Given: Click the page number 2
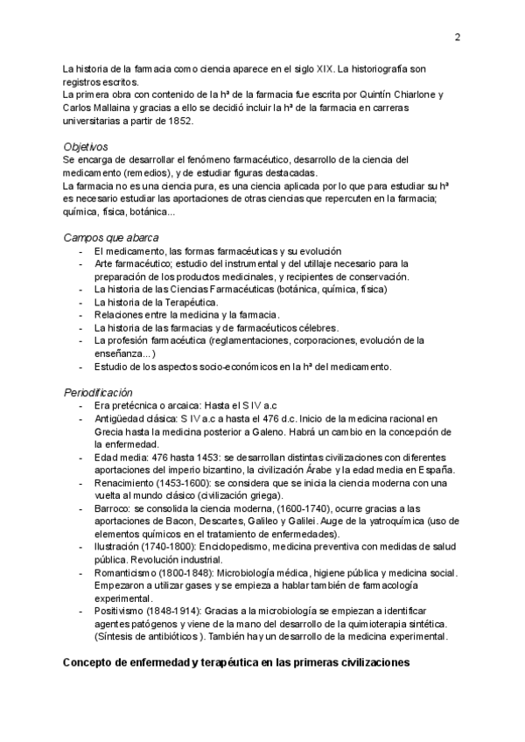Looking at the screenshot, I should point(458,37).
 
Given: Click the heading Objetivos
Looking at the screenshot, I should point(86,146).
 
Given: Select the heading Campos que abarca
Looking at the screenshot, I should point(111,237).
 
